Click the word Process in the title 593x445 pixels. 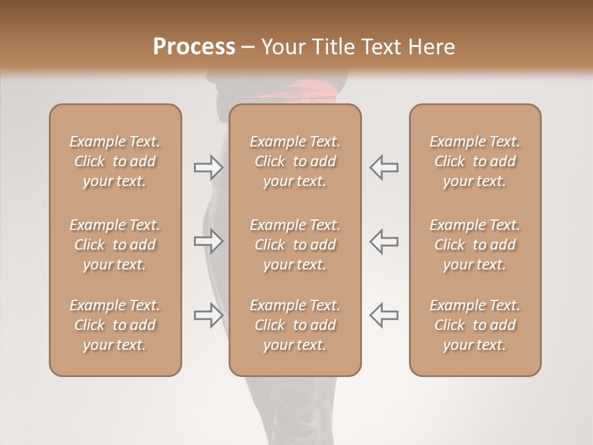tap(194, 47)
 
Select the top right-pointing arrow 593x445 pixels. tap(208, 167)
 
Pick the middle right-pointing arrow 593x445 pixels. tap(208, 241)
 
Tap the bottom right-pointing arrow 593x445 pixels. tap(208, 315)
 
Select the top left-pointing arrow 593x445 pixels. tap(384, 167)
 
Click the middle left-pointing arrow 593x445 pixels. tap(384, 241)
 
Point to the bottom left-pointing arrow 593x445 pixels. tap(384, 315)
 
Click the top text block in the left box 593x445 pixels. tap(115, 161)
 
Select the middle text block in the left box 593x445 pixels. tap(115, 245)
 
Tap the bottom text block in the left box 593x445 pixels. tap(115, 325)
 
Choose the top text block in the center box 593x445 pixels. tap(295, 161)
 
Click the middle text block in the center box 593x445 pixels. tap(295, 245)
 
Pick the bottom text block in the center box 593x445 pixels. tap(295, 325)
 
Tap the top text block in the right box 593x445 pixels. tap(474, 161)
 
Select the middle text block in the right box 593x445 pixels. tap(474, 245)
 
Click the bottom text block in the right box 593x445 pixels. tap(474, 325)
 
